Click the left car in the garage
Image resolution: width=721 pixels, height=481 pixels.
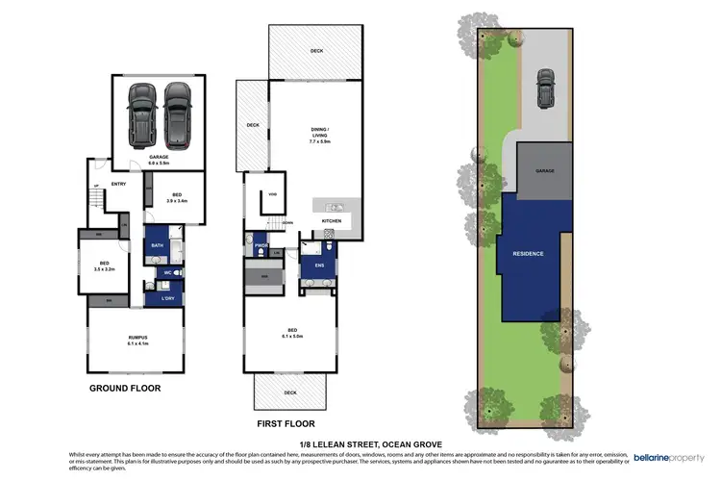(142, 112)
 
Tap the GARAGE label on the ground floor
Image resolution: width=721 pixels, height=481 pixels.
(159, 156)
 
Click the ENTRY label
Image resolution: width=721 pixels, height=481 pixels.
(119, 184)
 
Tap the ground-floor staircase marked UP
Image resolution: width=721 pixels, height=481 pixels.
(94, 201)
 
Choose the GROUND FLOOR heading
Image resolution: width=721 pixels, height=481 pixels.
(125, 389)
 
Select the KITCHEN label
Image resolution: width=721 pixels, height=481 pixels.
(332, 220)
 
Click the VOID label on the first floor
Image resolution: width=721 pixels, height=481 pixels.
(273, 193)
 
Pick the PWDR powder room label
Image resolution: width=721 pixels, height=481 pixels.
(260, 246)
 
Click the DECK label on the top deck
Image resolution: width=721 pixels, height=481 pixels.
(316, 51)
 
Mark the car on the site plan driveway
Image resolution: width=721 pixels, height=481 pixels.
(545, 89)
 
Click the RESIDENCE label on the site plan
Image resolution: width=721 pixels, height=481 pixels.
(528, 254)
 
